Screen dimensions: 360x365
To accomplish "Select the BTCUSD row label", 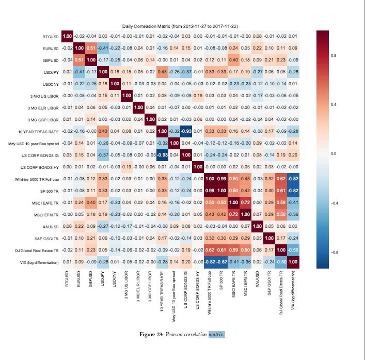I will tap(51, 37).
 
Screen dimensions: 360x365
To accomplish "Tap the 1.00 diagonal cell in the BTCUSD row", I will tap(67, 36).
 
